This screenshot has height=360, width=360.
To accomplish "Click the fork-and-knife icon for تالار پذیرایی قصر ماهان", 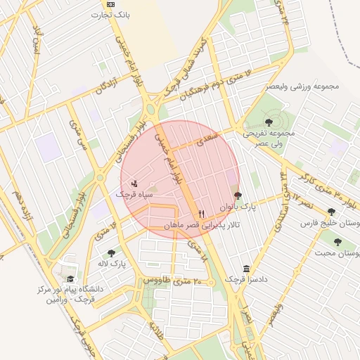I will [x=202, y=213].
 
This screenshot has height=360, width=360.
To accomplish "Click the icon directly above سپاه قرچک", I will [x=134, y=183].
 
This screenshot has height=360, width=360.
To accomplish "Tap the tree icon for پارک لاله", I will [x=111, y=253].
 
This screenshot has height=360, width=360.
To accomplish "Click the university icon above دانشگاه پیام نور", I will [x=68, y=278].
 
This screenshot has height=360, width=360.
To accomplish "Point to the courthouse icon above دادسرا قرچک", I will [x=246, y=269].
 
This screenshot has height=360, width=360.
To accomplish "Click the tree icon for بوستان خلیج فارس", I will [x=331, y=212].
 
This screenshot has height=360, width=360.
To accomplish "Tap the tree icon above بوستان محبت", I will [x=337, y=242].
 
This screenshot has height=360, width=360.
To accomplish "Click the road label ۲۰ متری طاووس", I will [x=177, y=280].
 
